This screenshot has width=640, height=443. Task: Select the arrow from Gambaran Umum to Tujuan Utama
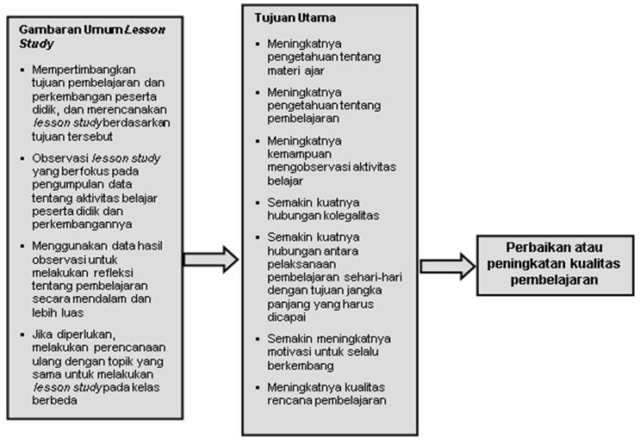210,258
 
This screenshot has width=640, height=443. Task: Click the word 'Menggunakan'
65,245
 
